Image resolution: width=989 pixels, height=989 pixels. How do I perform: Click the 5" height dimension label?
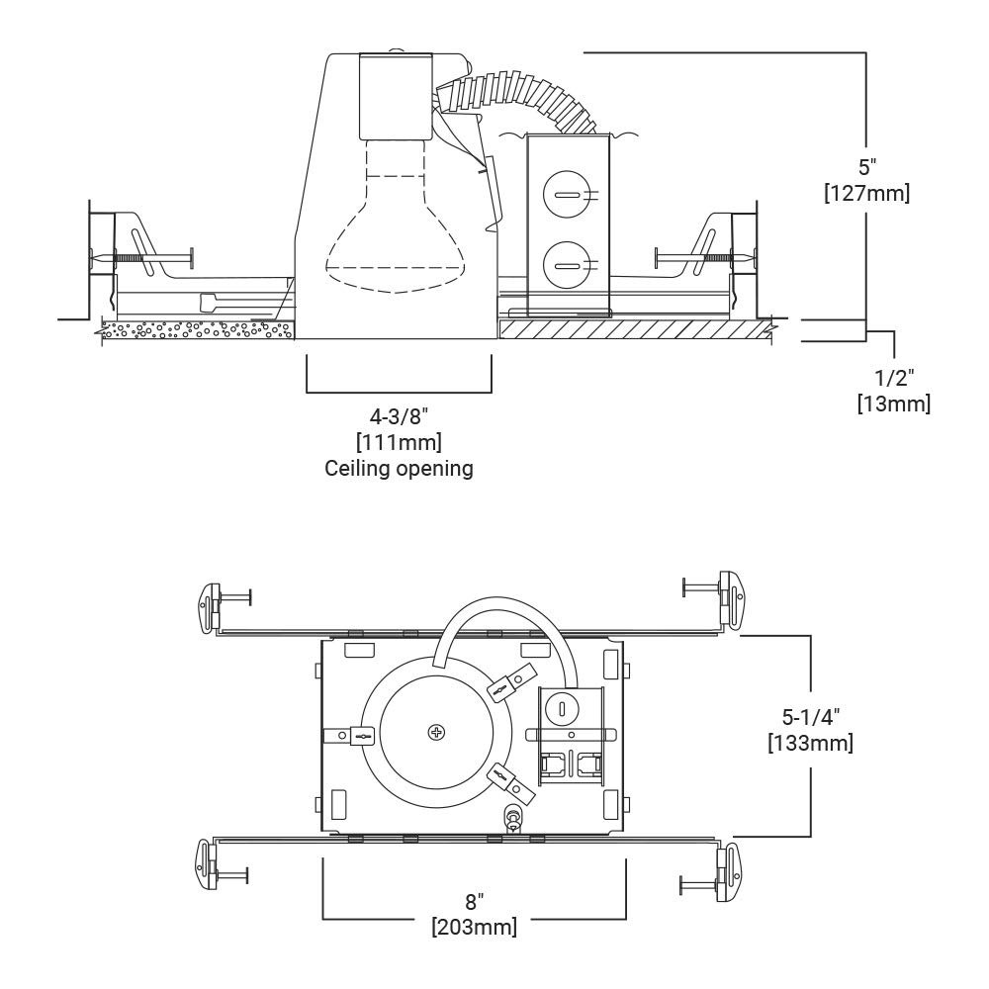(867, 168)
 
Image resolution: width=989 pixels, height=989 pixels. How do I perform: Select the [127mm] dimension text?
(866, 193)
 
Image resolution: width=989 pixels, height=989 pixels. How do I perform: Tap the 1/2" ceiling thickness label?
(894, 378)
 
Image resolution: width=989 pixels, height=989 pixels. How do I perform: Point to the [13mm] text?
(894, 404)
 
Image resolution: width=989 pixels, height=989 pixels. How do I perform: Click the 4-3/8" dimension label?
(399, 417)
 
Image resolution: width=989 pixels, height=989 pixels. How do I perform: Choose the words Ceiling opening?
(399, 468)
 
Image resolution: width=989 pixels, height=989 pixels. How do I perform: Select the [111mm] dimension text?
(399, 442)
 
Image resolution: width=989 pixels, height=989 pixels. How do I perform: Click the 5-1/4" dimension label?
(811, 717)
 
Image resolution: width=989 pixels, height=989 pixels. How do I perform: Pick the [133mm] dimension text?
(811, 743)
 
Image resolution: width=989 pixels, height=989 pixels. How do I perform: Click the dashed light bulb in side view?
(397, 216)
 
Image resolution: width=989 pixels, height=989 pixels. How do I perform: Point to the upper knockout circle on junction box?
(567, 193)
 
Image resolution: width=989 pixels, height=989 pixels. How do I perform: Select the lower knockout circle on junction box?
(567, 264)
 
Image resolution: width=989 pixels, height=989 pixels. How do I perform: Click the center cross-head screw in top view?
(436, 732)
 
